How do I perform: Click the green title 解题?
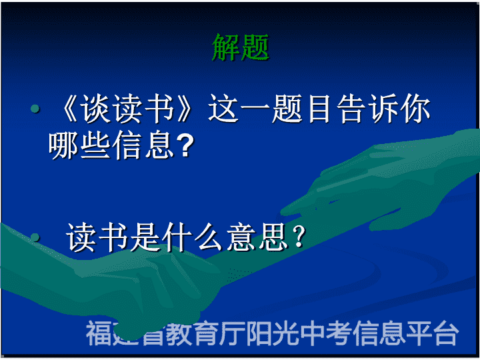[241, 47]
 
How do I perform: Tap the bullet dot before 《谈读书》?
[35, 109]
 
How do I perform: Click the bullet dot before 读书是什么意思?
[35, 237]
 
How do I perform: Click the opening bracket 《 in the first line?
[69, 109]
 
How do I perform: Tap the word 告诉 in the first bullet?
[365, 109]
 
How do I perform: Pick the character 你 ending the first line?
[415, 109]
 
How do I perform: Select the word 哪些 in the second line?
[79, 145]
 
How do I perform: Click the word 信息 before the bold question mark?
[143, 145]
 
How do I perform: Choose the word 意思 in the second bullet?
[257, 237]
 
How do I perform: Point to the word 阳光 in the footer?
[272, 333]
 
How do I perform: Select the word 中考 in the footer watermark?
[325, 333]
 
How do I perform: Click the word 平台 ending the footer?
[431, 333]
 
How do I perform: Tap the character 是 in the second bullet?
[145, 237]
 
